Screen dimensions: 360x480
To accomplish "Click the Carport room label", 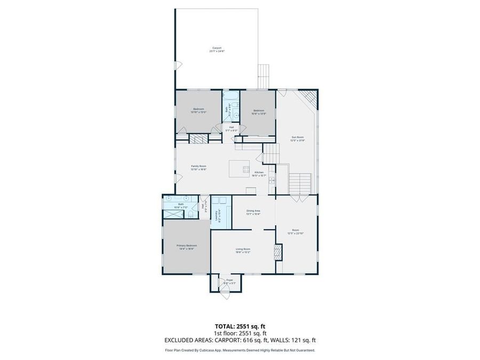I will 215,49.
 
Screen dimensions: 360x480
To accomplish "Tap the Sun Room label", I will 297,139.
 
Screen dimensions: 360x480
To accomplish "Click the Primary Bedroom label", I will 187,246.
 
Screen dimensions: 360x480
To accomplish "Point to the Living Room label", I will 243,250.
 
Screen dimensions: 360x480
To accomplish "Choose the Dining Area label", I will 253,212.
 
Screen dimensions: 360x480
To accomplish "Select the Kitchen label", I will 259,173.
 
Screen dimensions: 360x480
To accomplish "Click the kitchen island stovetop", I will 246,170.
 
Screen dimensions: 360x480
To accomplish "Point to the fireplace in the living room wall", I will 277,252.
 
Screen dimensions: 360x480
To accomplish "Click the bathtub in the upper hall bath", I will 232,97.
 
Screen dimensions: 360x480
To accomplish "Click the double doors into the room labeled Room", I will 296,198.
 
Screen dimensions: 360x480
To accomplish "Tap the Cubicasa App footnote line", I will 239,350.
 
